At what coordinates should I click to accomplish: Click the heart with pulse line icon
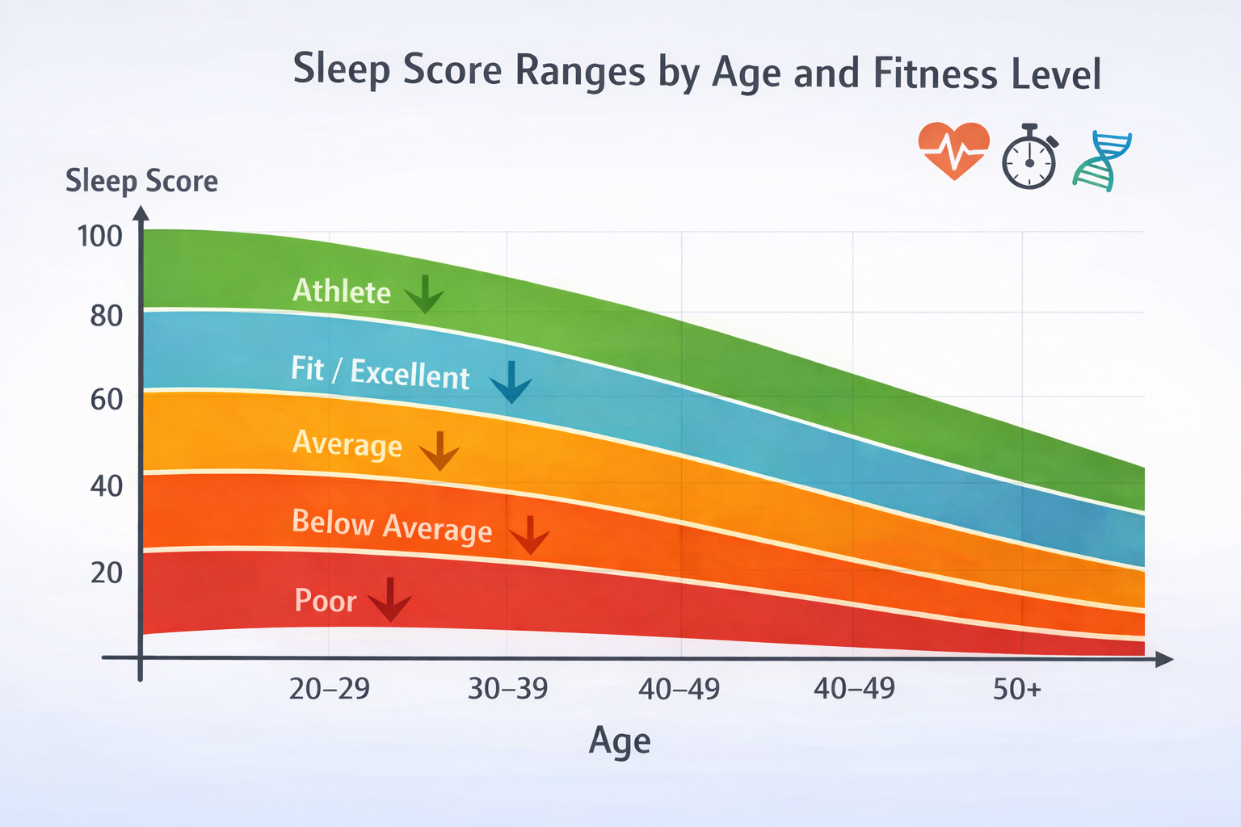coord(953,150)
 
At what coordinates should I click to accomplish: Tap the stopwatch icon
coord(1029,158)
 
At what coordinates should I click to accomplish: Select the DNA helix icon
coord(1102,161)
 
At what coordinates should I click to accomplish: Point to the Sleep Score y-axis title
coord(141,181)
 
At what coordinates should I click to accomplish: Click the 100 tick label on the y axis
coord(99,237)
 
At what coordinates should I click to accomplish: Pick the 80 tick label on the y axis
coord(106,316)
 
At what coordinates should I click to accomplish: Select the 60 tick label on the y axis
coord(106,400)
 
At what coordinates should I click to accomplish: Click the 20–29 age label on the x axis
coord(329,689)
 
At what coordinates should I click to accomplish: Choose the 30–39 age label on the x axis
coord(507,689)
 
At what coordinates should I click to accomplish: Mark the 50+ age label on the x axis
coord(1017,689)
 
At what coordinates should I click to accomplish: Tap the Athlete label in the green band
coord(341,292)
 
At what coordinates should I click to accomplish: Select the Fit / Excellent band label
coord(380,373)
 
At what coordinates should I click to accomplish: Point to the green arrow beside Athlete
coord(424,294)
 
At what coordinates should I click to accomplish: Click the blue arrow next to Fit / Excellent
coord(511,382)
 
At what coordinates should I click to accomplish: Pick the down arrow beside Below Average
coord(530,535)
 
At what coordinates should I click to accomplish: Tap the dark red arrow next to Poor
coord(390,599)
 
